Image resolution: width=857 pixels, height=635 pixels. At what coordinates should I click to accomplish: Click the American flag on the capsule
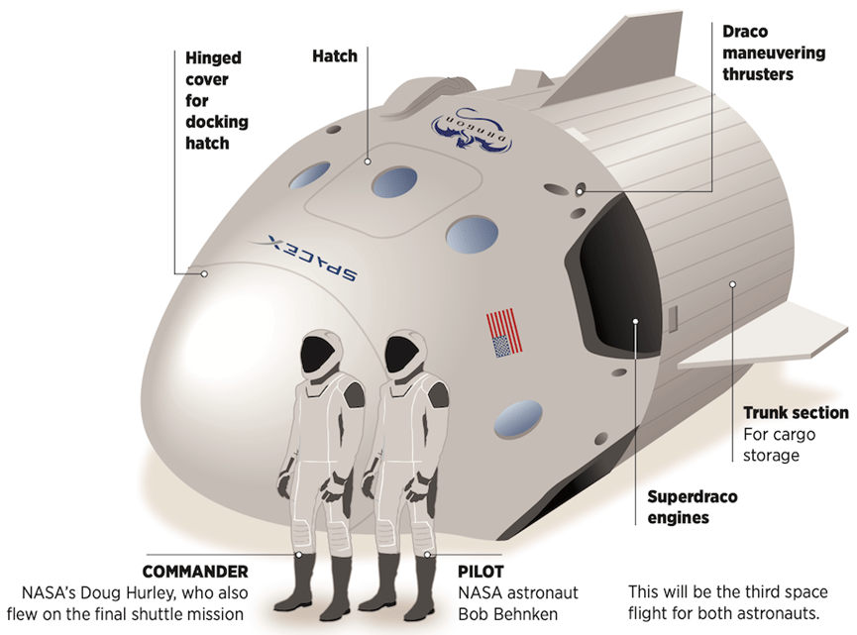[504, 333]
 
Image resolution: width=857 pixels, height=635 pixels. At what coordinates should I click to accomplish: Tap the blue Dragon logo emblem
[472, 130]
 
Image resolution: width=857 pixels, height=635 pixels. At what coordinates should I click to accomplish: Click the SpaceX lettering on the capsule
[312, 258]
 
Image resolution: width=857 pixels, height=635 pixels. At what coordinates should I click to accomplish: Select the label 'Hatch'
[335, 55]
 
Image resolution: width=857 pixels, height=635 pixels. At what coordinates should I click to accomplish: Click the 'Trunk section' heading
[796, 412]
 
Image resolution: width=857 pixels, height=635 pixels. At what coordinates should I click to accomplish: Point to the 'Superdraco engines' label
[692, 507]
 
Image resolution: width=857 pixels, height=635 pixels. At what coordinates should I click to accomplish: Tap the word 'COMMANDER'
[195, 572]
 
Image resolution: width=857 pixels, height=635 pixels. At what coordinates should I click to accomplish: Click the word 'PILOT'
[481, 572]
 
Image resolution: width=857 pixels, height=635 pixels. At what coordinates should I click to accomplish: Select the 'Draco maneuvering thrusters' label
[774, 53]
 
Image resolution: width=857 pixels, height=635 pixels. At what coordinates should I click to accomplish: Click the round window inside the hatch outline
[394, 182]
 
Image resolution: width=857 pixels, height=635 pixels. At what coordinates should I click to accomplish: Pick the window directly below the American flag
[517, 419]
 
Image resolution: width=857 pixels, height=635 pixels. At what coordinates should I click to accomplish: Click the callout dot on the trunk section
[732, 284]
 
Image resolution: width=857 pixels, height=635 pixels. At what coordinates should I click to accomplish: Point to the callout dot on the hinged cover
[204, 273]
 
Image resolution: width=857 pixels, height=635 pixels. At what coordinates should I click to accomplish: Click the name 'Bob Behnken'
[507, 613]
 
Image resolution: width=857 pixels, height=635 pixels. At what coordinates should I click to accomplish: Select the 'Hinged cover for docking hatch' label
[216, 101]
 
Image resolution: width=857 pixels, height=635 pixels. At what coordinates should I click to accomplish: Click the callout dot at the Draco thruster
[580, 191]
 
